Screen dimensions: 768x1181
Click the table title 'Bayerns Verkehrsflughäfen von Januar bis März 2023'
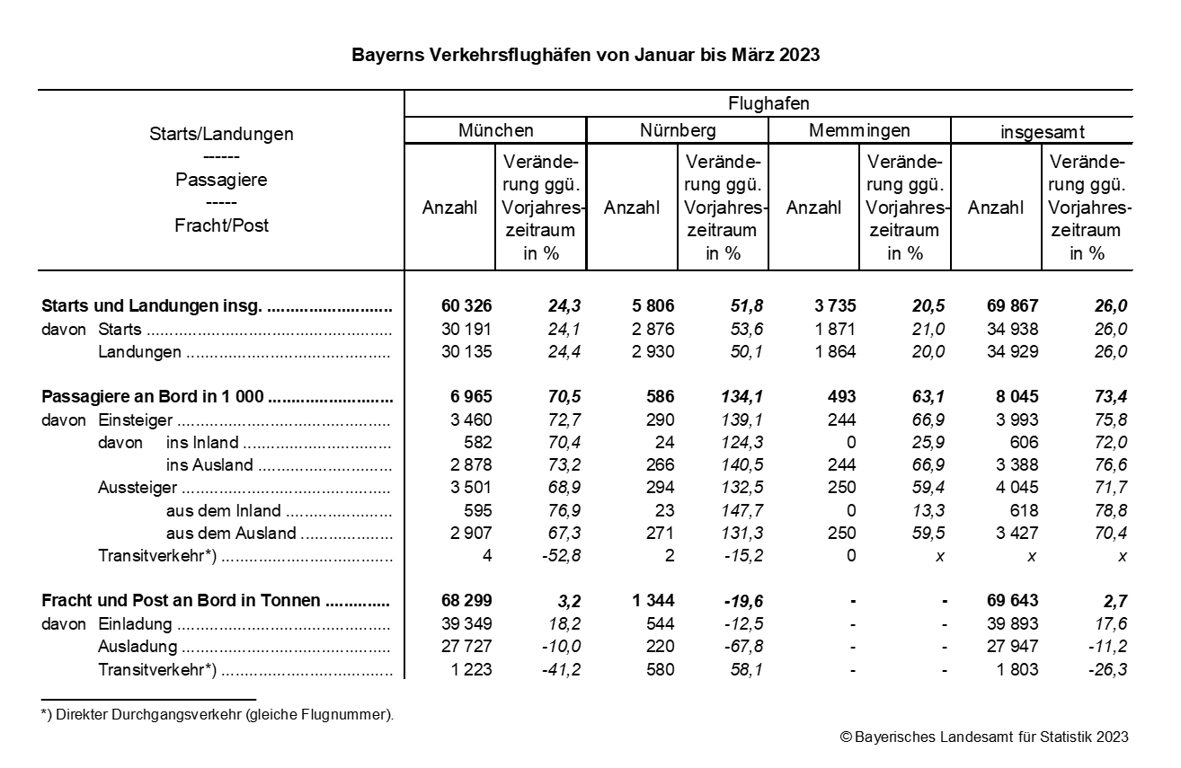tap(585, 55)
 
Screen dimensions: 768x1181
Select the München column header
tap(495, 130)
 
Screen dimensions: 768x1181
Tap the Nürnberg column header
tap(678, 130)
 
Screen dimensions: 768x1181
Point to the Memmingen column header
tap(859, 130)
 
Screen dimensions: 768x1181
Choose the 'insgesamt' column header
tap(1043, 132)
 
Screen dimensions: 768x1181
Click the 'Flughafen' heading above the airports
tap(768, 103)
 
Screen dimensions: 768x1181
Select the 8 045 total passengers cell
tap(1013, 397)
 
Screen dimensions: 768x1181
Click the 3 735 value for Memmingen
tap(831, 306)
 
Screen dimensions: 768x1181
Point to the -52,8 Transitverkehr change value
tap(558, 556)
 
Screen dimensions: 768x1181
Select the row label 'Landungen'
tap(139, 352)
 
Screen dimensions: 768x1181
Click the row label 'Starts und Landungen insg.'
tap(152, 306)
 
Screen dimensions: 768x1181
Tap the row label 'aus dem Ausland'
tap(231, 534)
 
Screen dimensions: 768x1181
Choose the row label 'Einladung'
tap(136, 624)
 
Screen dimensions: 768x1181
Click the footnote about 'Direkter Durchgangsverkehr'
tap(219, 715)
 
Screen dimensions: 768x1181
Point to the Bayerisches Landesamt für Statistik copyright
tap(984, 737)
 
